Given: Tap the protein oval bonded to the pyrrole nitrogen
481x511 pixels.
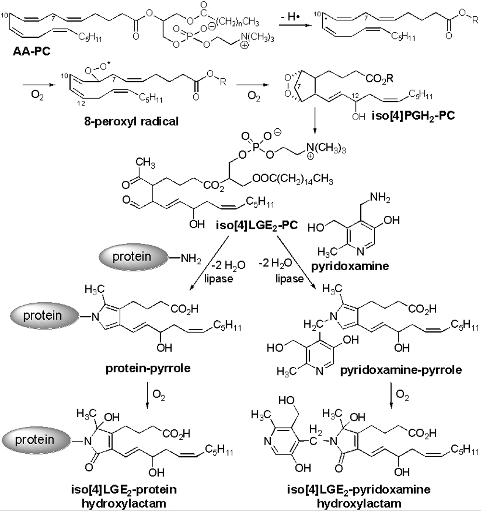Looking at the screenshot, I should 50,315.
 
